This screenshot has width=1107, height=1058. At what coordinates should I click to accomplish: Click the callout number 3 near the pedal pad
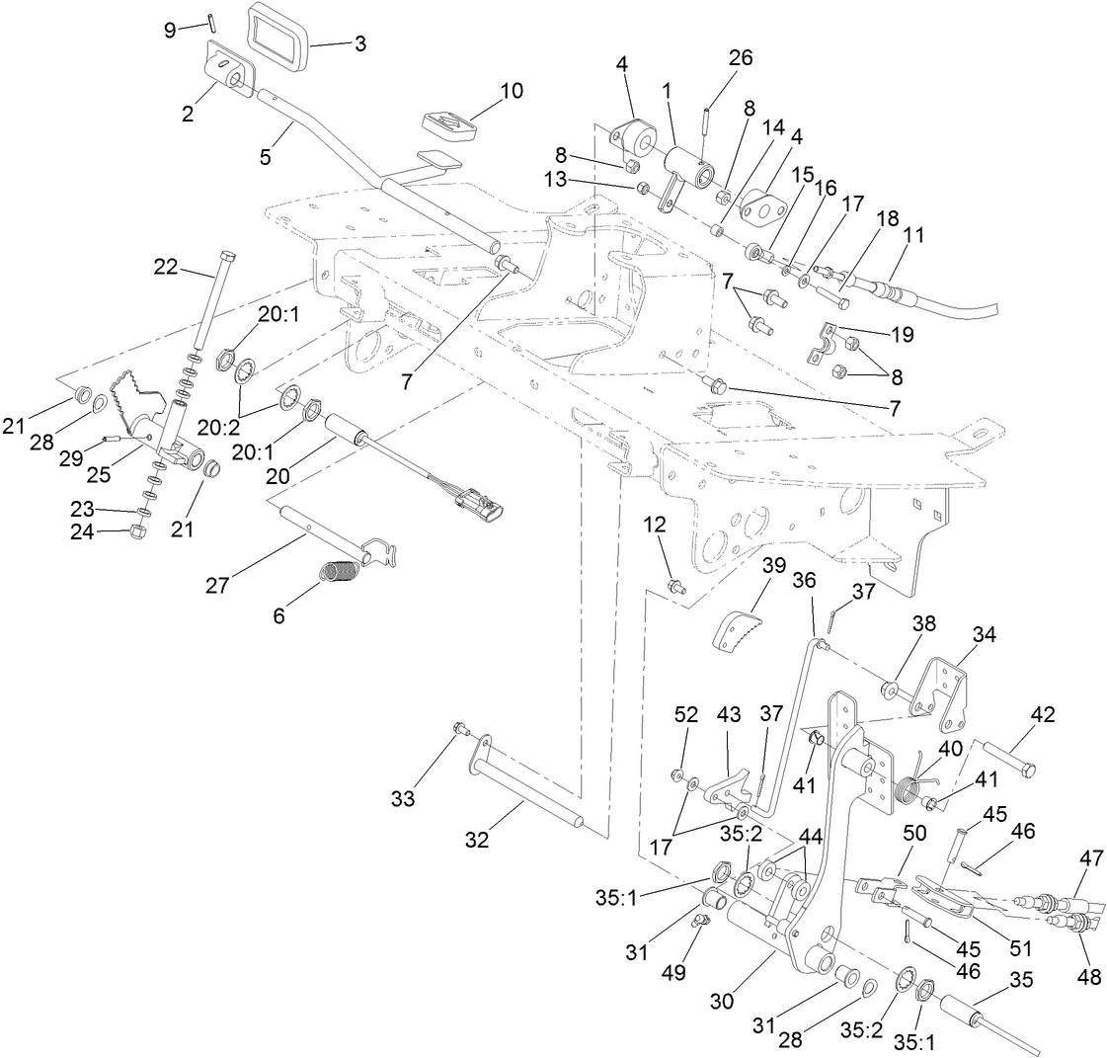tap(360, 43)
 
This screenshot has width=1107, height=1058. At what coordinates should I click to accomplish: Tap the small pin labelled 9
tap(212, 23)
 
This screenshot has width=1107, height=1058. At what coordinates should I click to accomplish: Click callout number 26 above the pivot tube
tap(741, 58)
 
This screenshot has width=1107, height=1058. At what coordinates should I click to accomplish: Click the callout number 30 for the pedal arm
tap(721, 1001)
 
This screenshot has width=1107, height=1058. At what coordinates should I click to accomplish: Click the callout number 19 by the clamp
tap(901, 334)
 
